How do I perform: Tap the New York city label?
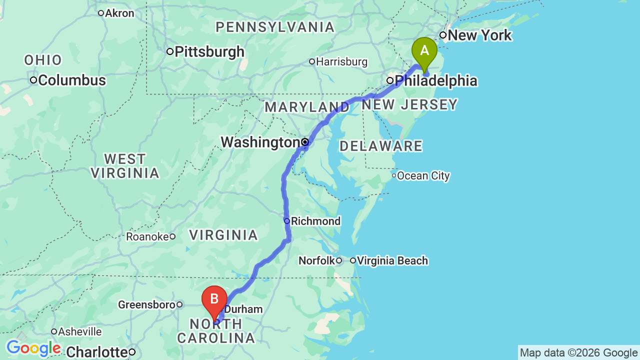click(x=479, y=35)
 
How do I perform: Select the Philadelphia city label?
click(x=435, y=81)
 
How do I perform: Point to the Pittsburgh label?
click(x=209, y=51)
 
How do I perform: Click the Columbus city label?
click(x=71, y=80)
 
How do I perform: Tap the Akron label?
click(x=120, y=13)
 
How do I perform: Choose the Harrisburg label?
click(x=341, y=62)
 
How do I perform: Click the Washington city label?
click(x=260, y=142)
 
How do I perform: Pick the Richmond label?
click(x=315, y=221)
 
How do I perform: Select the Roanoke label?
click(x=147, y=236)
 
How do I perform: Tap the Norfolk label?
click(x=316, y=260)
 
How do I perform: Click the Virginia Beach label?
click(x=392, y=260)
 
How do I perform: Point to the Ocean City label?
click(x=423, y=176)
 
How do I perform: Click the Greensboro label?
click(x=146, y=304)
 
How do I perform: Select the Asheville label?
click(x=79, y=331)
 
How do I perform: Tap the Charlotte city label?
click(x=96, y=352)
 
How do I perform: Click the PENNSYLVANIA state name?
click(x=275, y=27)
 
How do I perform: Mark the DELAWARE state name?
click(x=381, y=146)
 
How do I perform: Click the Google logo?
click(x=33, y=348)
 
